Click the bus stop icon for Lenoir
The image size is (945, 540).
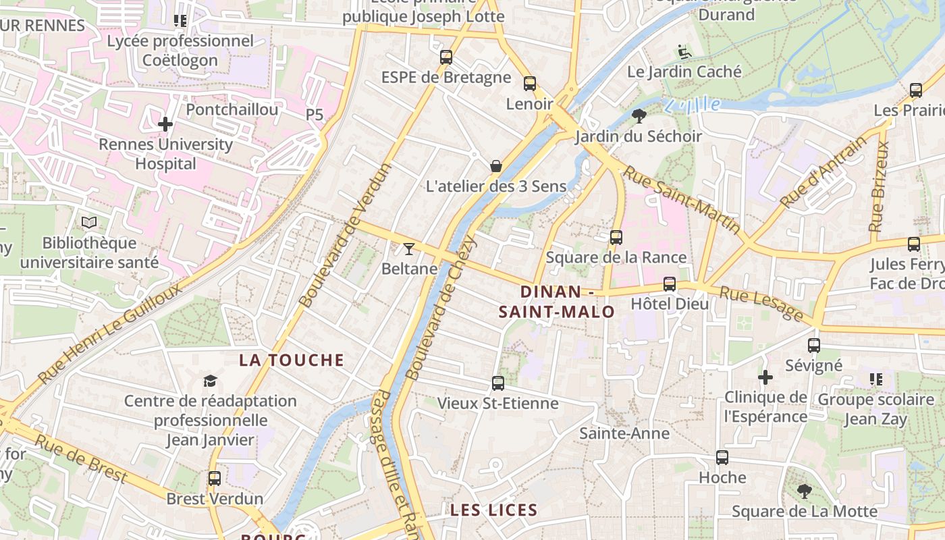[x=530, y=84]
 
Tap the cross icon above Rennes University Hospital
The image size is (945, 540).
[x=165, y=124]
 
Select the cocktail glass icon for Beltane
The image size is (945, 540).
[x=409, y=248]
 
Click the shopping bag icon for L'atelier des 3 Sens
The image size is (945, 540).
[x=496, y=166]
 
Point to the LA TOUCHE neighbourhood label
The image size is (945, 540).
[x=292, y=360]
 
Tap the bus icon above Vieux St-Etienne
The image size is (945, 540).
[x=498, y=383]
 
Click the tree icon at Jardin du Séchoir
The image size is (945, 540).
[x=639, y=116]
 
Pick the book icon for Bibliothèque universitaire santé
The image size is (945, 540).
[x=89, y=223]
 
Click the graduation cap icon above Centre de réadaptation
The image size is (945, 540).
[x=211, y=381]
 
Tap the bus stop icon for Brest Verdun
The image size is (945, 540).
[x=215, y=479]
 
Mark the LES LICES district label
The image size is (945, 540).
[x=494, y=510]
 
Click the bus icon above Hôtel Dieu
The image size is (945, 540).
[x=670, y=284]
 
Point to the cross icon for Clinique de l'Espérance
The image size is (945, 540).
[x=765, y=377]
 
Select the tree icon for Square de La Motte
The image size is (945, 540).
[x=804, y=491]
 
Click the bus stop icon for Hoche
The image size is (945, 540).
[x=722, y=458]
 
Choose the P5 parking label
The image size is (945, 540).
[x=315, y=115]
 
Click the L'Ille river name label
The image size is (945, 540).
[x=693, y=105]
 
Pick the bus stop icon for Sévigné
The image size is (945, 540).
[x=814, y=346]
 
